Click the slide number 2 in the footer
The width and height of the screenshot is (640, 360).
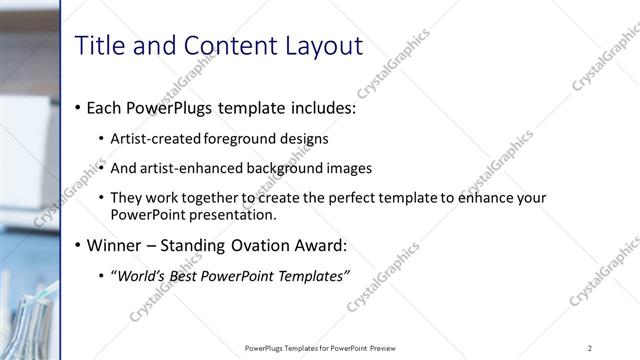tap(590, 348)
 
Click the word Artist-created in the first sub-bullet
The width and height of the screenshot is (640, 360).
tap(155, 138)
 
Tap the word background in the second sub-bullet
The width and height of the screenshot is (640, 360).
tap(301, 167)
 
